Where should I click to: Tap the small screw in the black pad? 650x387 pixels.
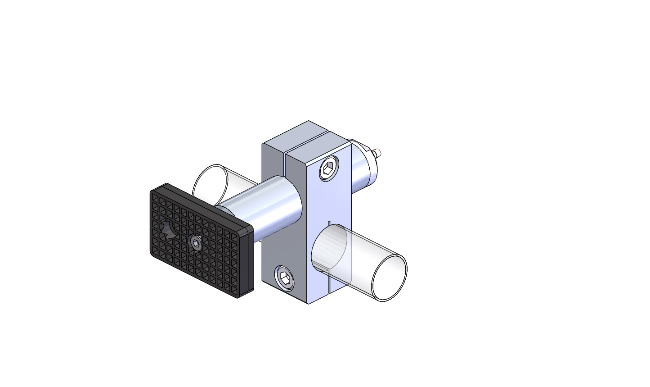coord(196,243)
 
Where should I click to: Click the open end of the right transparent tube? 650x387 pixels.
coord(389,278)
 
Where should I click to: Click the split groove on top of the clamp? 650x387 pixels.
coord(306,142)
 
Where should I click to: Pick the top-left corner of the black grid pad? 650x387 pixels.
coord(152,191)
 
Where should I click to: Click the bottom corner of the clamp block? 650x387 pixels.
coord(309,303)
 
